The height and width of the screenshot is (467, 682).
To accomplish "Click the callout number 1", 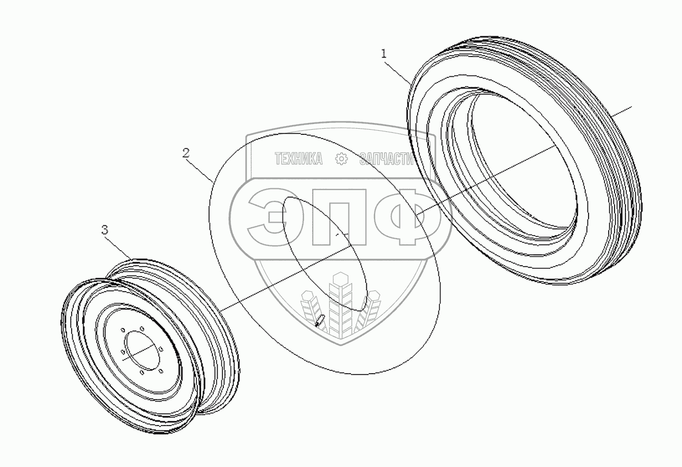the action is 384,54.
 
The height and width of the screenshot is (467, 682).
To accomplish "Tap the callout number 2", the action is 186,153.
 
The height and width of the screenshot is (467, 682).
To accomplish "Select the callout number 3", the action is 104,230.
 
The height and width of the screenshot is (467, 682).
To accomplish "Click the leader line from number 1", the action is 397,73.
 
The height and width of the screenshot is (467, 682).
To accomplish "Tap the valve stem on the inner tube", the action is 320,321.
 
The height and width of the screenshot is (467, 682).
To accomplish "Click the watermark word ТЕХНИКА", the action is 298,159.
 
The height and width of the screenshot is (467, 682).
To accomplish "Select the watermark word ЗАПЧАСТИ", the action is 386,159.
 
